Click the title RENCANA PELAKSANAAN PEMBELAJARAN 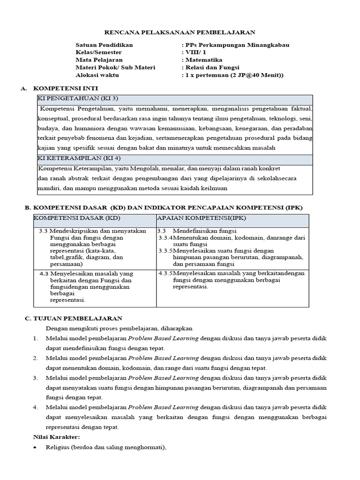click(x=180, y=32)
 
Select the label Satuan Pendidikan click(x=104, y=45)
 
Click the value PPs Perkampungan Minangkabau click(x=237, y=45)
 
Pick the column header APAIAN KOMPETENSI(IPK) click(x=202, y=218)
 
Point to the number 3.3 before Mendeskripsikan click(x=44, y=231)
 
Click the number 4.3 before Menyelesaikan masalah click(x=44, y=273)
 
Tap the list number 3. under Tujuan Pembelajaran click(x=35, y=378)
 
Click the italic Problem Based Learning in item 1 click(x=163, y=338)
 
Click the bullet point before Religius click(x=36, y=448)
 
